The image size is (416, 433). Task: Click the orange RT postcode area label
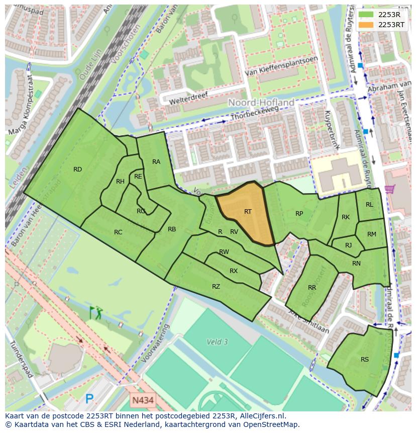(x=248, y=212)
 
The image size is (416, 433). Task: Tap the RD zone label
(x=77, y=169)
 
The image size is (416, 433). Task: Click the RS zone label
(x=365, y=359)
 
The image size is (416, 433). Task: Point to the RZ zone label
(x=216, y=287)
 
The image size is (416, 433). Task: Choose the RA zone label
(x=156, y=161)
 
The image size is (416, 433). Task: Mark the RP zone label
(x=299, y=214)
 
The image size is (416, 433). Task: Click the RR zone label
(x=312, y=288)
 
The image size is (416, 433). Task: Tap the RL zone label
(x=369, y=205)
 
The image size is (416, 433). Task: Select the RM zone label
(x=371, y=234)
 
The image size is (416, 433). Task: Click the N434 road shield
(x=143, y=401)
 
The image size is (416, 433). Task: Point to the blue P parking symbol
(x=89, y=399)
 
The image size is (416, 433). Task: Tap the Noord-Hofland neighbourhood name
(x=261, y=103)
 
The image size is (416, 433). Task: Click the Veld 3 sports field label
(x=217, y=342)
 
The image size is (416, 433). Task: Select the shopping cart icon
(x=389, y=190)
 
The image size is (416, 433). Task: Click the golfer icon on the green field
(x=95, y=313)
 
